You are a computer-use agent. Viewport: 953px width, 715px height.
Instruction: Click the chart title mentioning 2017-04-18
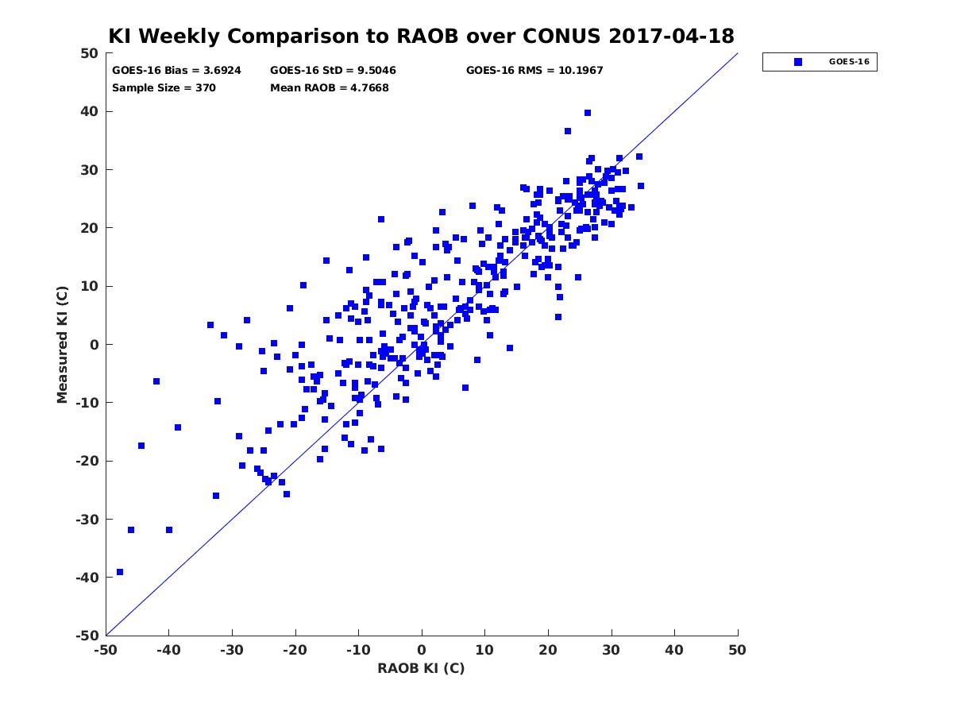tap(421, 36)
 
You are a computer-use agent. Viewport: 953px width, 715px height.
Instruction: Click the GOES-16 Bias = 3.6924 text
tap(176, 71)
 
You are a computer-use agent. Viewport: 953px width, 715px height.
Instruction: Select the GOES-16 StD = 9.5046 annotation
tap(333, 71)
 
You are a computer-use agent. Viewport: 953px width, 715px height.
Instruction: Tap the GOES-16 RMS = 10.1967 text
tap(534, 71)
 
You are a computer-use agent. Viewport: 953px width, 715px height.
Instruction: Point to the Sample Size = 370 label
tap(164, 88)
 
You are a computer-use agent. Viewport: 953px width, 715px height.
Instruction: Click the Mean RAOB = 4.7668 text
tap(329, 88)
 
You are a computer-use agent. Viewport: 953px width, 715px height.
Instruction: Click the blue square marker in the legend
tap(797, 62)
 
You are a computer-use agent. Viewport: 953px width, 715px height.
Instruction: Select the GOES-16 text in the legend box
tap(849, 62)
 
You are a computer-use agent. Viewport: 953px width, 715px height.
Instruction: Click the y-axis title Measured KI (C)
tap(62, 344)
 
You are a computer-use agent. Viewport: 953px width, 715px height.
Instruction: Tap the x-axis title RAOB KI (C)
tap(421, 668)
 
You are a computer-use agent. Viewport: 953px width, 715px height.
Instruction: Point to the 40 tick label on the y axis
tap(90, 111)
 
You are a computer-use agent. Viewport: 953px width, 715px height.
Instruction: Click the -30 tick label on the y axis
tap(87, 520)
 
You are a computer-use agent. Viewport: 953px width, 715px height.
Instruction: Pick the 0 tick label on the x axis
tap(422, 650)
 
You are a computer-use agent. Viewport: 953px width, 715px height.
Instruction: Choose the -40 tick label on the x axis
tap(168, 650)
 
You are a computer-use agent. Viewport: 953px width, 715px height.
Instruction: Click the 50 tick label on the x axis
tap(737, 650)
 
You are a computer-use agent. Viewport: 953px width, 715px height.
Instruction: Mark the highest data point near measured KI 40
tap(588, 113)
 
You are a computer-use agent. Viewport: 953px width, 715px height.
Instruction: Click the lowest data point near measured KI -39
tap(120, 572)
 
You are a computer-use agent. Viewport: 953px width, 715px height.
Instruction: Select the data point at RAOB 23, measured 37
tap(568, 131)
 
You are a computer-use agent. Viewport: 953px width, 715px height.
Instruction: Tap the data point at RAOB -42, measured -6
tap(156, 381)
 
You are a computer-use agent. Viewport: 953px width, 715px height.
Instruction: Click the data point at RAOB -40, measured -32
tap(169, 530)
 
